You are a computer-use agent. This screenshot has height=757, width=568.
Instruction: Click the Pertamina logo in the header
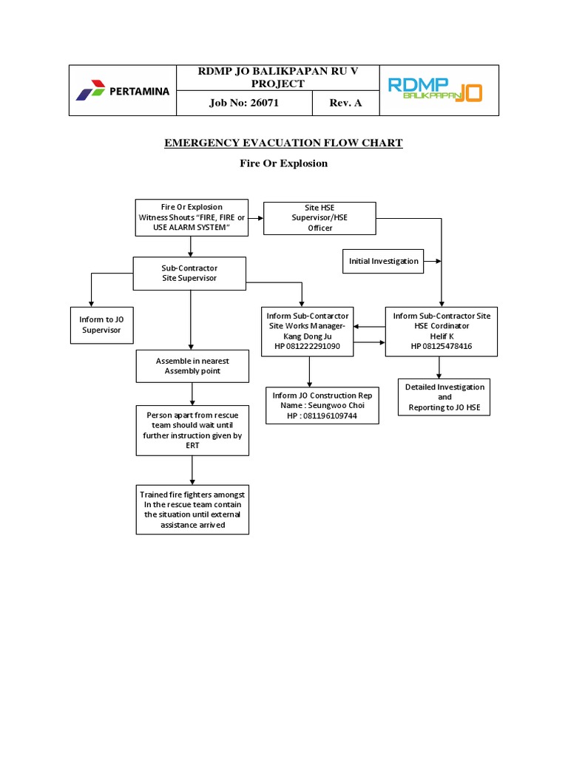(x=123, y=91)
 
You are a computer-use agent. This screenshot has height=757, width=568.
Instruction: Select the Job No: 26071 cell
(x=244, y=103)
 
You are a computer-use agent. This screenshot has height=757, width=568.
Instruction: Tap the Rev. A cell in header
(x=346, y=103)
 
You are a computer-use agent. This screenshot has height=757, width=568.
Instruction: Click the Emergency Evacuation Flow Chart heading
(x=283, y=143)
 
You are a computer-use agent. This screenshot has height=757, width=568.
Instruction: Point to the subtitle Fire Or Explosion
(x=283, y=163)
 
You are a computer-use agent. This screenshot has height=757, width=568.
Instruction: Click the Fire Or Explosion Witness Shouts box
(x=192, y=217)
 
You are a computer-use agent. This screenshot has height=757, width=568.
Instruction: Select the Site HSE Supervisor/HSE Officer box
(x=319, y=218)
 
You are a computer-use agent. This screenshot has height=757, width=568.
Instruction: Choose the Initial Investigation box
(x=383, y=261)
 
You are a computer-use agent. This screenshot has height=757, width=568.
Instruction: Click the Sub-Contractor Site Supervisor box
(x=189, y=273)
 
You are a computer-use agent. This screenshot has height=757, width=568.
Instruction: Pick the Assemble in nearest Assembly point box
(x=192, y=366)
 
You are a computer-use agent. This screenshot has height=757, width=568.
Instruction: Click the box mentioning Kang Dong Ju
(x=308, y=330)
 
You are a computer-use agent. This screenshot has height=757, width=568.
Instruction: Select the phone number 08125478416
(x=442, y=346)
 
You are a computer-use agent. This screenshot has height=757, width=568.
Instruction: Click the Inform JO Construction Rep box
(x=322, y=406)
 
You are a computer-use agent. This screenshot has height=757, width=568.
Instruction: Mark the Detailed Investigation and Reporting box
(x=444, y=398)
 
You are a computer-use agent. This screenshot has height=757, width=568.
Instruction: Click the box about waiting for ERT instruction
(x=192, y=431)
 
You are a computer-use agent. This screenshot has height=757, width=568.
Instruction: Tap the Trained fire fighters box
(x=192, y=510)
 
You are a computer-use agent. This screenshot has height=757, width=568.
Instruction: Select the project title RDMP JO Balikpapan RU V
(x=277, y=78)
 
